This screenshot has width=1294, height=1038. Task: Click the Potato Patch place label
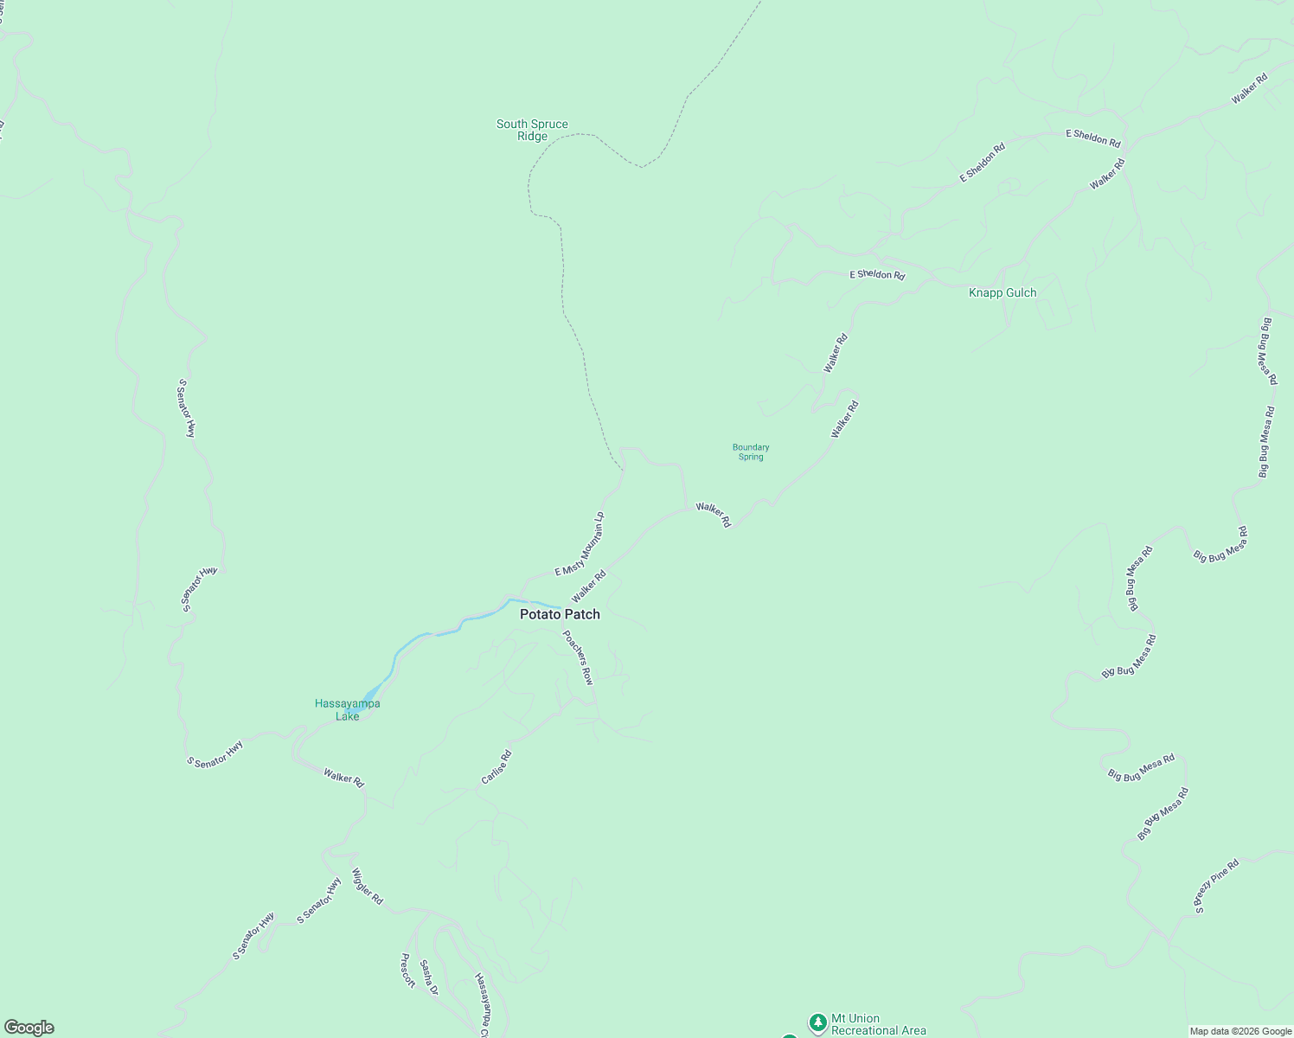coord(560,614)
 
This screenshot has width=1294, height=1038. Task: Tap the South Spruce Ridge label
coord(532,130)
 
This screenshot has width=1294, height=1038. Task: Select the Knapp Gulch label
coord(1003,292)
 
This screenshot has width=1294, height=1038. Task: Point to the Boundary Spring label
coord(751,452)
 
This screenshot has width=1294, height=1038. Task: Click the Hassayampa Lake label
coord(347,710)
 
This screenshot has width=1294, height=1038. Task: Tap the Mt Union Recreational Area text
coord(878,1024)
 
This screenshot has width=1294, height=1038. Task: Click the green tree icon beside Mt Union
coord(817,1023)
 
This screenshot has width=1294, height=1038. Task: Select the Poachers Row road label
coord(578,657)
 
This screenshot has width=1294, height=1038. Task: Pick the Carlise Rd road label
coord(496,767)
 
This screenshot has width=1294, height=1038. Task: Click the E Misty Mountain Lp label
coord(580,545)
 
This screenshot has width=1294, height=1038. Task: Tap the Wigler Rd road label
coord(367,886)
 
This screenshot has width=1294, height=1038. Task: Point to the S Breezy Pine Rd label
coord(1216,885)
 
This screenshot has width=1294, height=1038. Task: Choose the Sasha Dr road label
coord(429,977)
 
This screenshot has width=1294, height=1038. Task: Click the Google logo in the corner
coord(29,1028)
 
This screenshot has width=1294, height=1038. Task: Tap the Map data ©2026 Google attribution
coord(1240,1031)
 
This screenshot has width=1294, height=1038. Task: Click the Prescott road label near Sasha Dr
coord(408,970)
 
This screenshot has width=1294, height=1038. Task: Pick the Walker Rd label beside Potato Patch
coord(588,586)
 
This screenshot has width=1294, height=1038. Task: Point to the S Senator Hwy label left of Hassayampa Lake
coord(215,753)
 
